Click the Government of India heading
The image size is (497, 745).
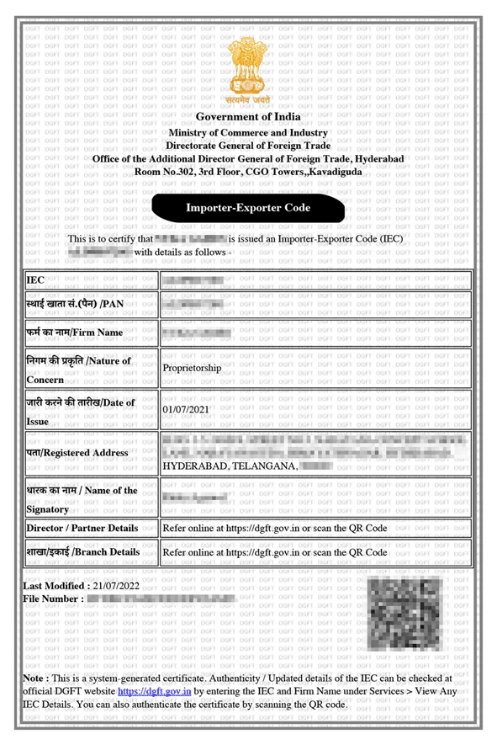coord(248,117)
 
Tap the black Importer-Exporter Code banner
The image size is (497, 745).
coord(248,208)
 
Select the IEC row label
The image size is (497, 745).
coord(36,279)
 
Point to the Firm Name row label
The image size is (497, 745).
coord(75,333)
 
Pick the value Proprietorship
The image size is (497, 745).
coord(193,368)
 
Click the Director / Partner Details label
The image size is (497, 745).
coord(82,528)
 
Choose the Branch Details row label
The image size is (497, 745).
coord(83,552)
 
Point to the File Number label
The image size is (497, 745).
coord(53,599)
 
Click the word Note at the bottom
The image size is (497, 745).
coord(34,677)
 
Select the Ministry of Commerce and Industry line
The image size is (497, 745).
coord(248,133)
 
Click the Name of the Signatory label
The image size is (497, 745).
coord(82,499)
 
